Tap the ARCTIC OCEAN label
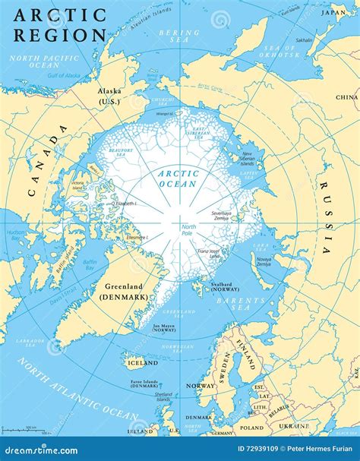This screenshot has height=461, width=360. [178, 178]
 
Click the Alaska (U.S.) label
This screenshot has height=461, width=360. [109, 95]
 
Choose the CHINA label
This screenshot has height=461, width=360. [346, 97]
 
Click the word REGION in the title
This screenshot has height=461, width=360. [58, 35]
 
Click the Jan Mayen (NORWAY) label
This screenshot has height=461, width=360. [163, 328]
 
